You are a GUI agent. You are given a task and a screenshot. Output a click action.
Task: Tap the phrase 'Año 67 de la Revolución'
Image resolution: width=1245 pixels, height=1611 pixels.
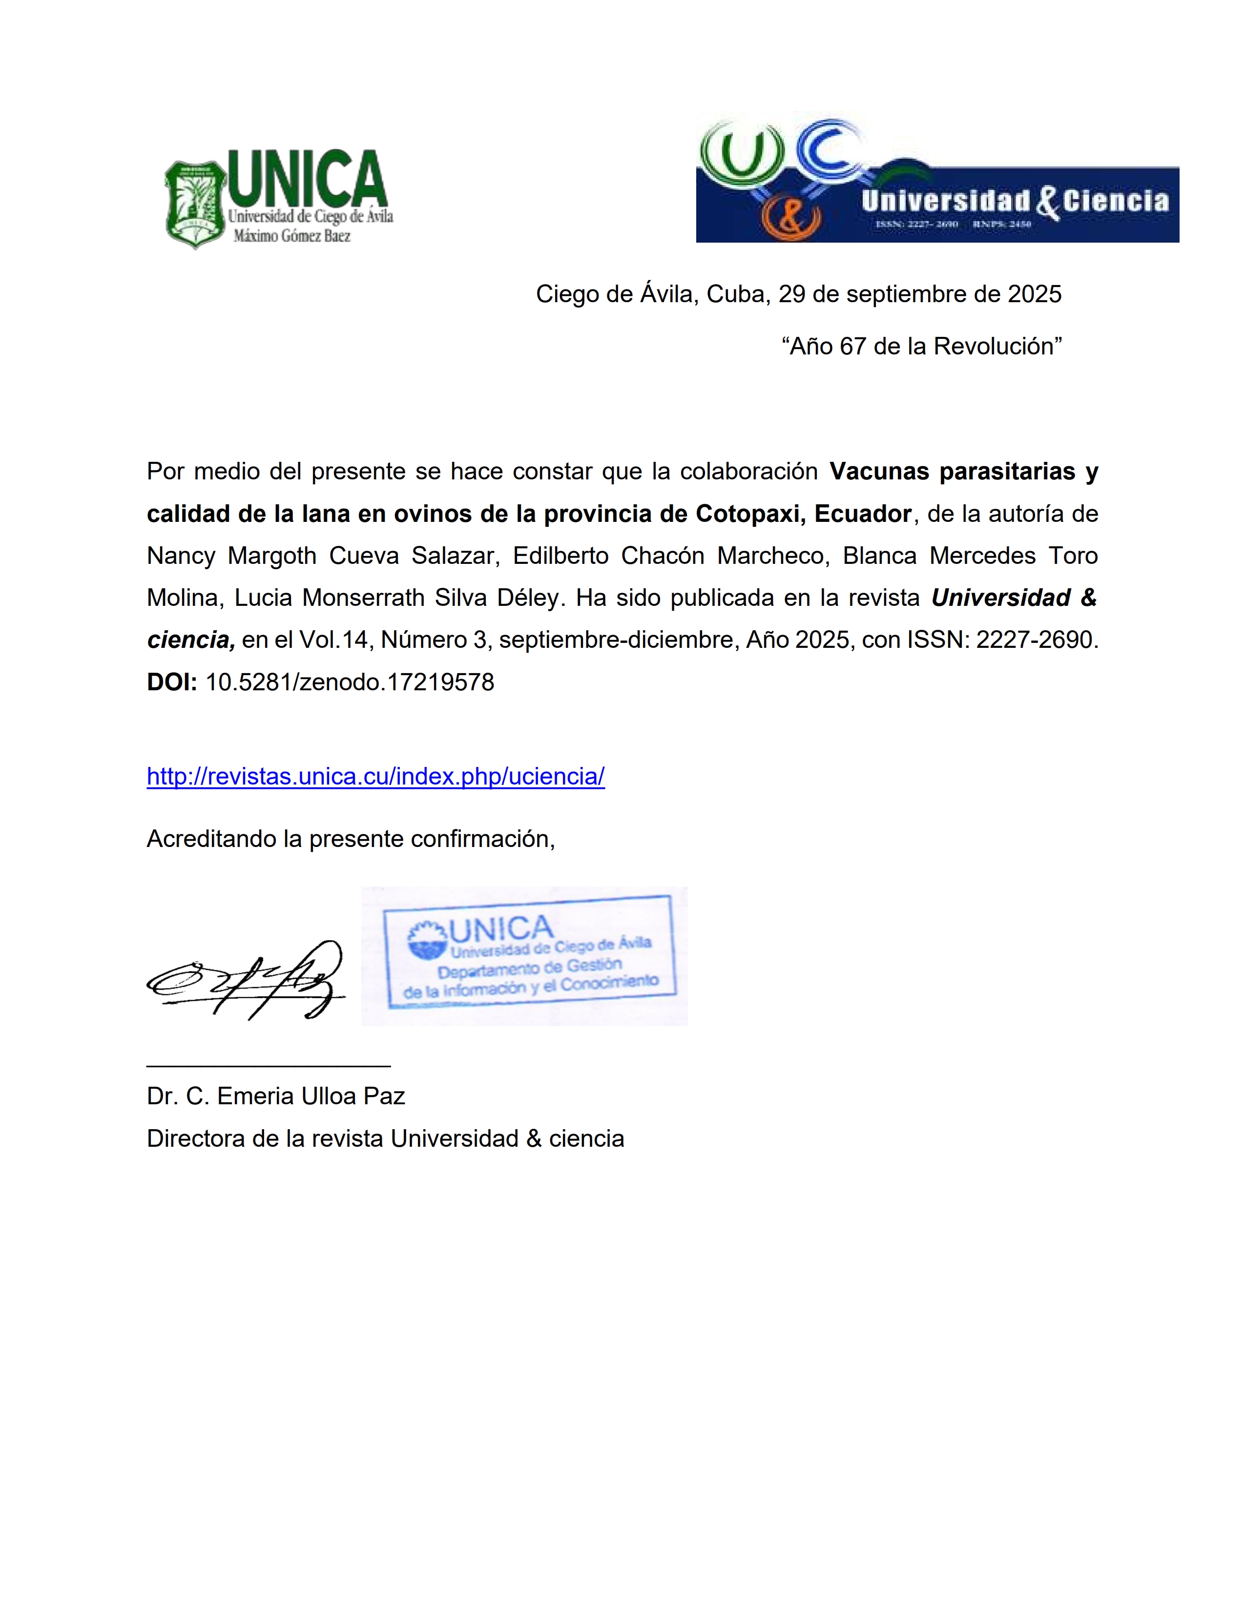pyautogui.click(x=921, y=346)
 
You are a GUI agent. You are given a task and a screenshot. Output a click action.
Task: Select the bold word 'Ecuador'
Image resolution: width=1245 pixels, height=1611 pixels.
pyautogui.click(x=863, y=514)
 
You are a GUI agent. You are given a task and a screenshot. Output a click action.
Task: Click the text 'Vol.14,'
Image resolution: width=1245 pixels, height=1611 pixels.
pyautogui.click(x=333, y=640)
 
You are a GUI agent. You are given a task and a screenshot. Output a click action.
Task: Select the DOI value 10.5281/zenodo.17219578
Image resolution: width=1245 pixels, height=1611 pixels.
pyautogui.click(x=350, y=682)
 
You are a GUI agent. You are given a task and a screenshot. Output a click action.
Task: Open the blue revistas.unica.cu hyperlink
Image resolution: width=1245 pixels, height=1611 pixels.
pyautogui.click(x=375, y=776)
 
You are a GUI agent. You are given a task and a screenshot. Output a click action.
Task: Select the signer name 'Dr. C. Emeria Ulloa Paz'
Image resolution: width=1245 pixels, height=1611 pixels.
pyautogui.click(x=276, y=1096)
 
